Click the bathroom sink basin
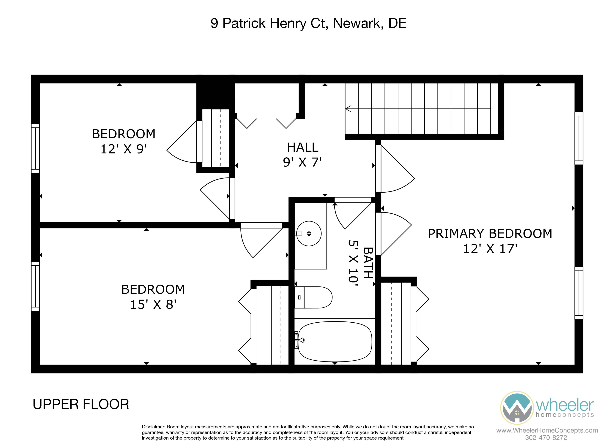pyautogui.click(x=309, y=233)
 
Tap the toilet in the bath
pyautogui.click(x=313, y=297)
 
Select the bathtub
pyautogui.click(x=335, y=342)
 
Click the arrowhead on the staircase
pyautogui.click(x=348, y=109)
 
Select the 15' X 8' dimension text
pyautogui.click(x=153, y=304)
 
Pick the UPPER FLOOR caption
pyautogui.click(x=81, y=404)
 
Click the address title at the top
pyautogui.click(x=308, y=23)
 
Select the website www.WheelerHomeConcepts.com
pyautogui.click(x=547, y=430)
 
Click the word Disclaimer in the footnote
pyautogui.click(x=154, y=427)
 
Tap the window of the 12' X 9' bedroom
pyautogui.click(x=35, y=149)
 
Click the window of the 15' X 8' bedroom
pyautogui.click(x=35, y=286)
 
